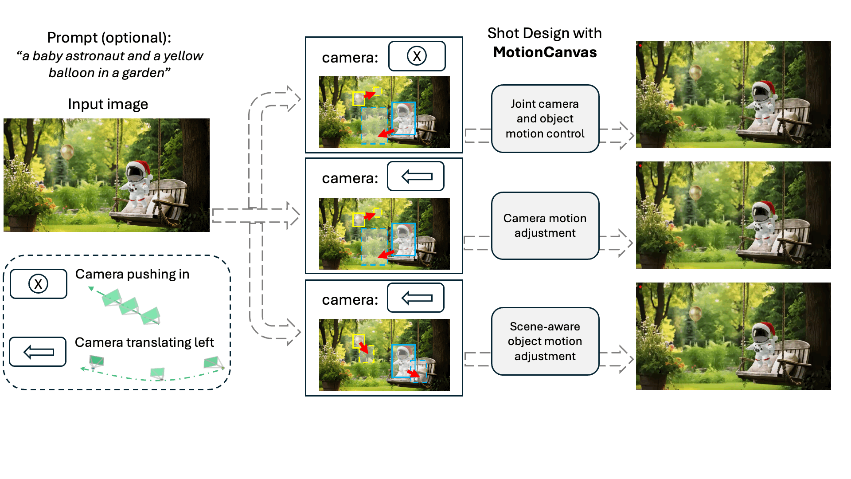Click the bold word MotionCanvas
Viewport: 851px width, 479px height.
pyautogui.click(x=545, y=52)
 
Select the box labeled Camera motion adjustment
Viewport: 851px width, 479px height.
pyautogui.click(x=545, y=226)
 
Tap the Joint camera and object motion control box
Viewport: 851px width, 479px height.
pyautogui.click(x=545, y=119)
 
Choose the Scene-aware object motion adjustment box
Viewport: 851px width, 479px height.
pyautogui.click(x=545, y=341)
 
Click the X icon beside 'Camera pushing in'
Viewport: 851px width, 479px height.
pyautogui.click(x=39, y=284)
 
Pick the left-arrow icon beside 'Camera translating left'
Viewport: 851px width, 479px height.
pyautogui.click(x=38, y=352)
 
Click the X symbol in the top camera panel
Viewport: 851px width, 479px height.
pyautogui.click(x=417, y=56)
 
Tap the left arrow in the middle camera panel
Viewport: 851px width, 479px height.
pyautogui.click(x=416, y=177)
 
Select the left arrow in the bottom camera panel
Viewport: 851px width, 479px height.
pyautogui.click(x=416, y=298)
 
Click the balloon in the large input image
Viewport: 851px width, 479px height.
pyautogui.click(x=67, y=152)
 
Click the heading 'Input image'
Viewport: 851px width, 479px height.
pyautogui.click(x=108, y=104)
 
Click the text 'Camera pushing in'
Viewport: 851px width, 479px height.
pyautogui.click(x=132, y=274)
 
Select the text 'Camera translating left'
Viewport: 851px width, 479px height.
pyautogui.click(x=144, y=342)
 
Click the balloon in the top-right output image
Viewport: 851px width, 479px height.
pyautogui.click(x=695, y=72)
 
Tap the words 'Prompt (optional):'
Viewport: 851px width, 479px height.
pyautogui.click(x=109, y=38)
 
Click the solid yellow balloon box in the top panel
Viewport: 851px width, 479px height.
pyautogui.click(x=359, y=98)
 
